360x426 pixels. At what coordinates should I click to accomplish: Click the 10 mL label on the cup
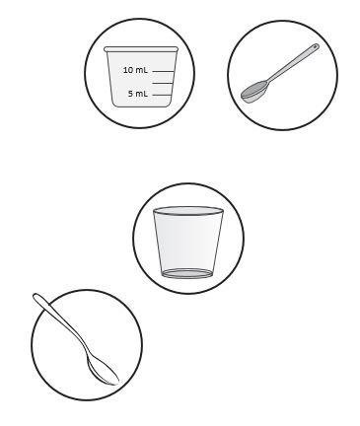tap(135, 70)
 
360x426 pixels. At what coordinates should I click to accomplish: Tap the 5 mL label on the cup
tap(138, 94)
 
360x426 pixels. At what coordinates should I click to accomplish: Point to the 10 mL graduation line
tap(163, 71)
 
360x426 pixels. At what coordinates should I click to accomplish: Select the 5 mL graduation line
tap(162, 95)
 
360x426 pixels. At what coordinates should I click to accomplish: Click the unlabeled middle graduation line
tap(163, 83)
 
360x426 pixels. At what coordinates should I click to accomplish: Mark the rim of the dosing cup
tap(141, 49)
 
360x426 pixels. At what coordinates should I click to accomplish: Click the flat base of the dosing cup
tap(142, 106)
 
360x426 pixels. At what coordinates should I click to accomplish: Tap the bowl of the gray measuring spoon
tap(254, 92)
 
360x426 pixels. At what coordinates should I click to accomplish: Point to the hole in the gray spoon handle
tap(316, 47)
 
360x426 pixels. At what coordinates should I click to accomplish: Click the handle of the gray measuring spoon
tap(293, 63)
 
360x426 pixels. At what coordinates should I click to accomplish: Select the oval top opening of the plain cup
tap(188, 211)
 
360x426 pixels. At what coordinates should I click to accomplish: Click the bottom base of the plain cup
tap(187, 273)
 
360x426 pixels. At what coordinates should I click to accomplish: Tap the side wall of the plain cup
tap(187, 243)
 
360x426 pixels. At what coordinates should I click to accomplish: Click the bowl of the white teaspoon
tap(102, 371)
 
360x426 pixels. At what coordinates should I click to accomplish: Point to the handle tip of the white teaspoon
tap(36, 297)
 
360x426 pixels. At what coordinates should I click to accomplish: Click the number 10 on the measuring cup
tap(127, 70)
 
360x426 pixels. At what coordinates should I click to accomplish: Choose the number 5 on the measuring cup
tap(130, 94)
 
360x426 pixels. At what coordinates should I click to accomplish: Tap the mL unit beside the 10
tap(141, 70)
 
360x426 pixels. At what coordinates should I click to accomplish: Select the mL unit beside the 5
tap(142, 94)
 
